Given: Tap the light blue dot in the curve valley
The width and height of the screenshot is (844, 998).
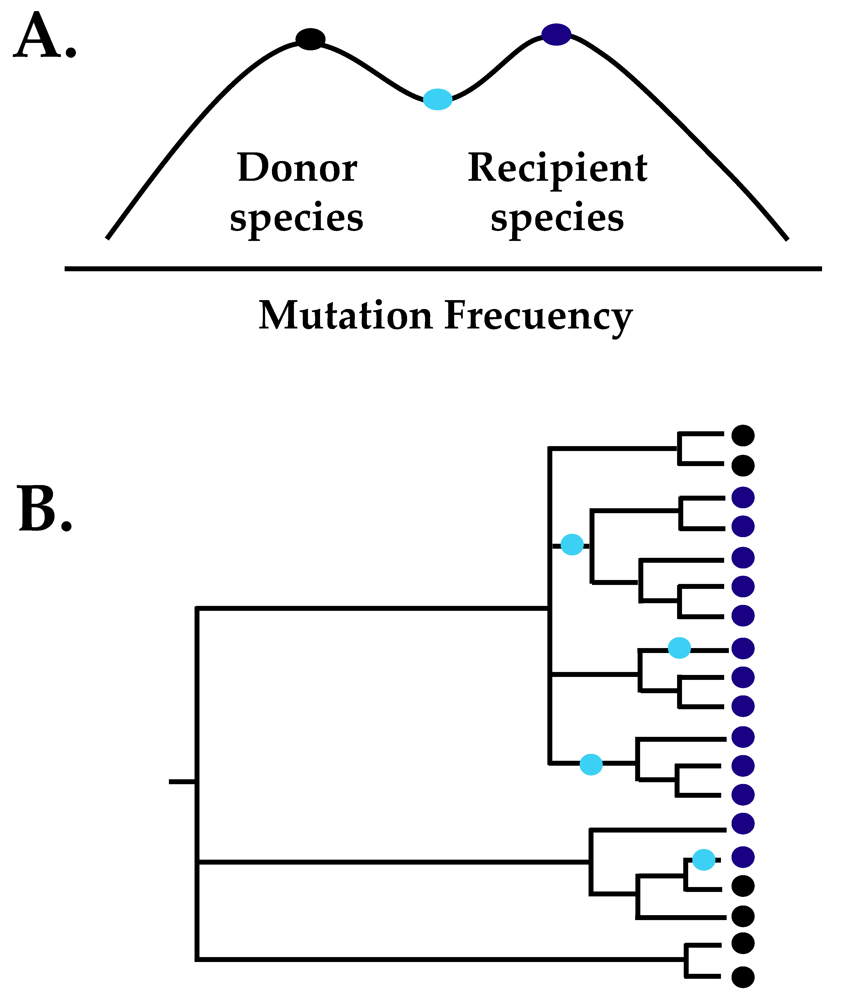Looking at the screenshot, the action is [x=438, y=100].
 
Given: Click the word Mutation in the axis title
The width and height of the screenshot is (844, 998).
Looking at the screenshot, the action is [x=345, y=315].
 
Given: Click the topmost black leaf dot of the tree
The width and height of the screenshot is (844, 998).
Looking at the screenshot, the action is [x=743, y=435].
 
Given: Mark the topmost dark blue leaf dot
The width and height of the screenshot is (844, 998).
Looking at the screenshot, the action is [x=743, y=498].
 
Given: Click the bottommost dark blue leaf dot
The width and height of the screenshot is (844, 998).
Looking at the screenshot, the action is [x=743, y=857].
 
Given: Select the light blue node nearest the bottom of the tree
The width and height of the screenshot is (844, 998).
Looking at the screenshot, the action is [x=704, y=860].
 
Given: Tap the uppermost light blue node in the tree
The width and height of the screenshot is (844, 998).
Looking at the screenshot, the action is [x=572, y=545].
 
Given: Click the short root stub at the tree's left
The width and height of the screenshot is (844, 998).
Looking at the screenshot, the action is [x=182, y=782].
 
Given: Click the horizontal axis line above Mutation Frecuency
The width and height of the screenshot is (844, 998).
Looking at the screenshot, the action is [x=443, y=269].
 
